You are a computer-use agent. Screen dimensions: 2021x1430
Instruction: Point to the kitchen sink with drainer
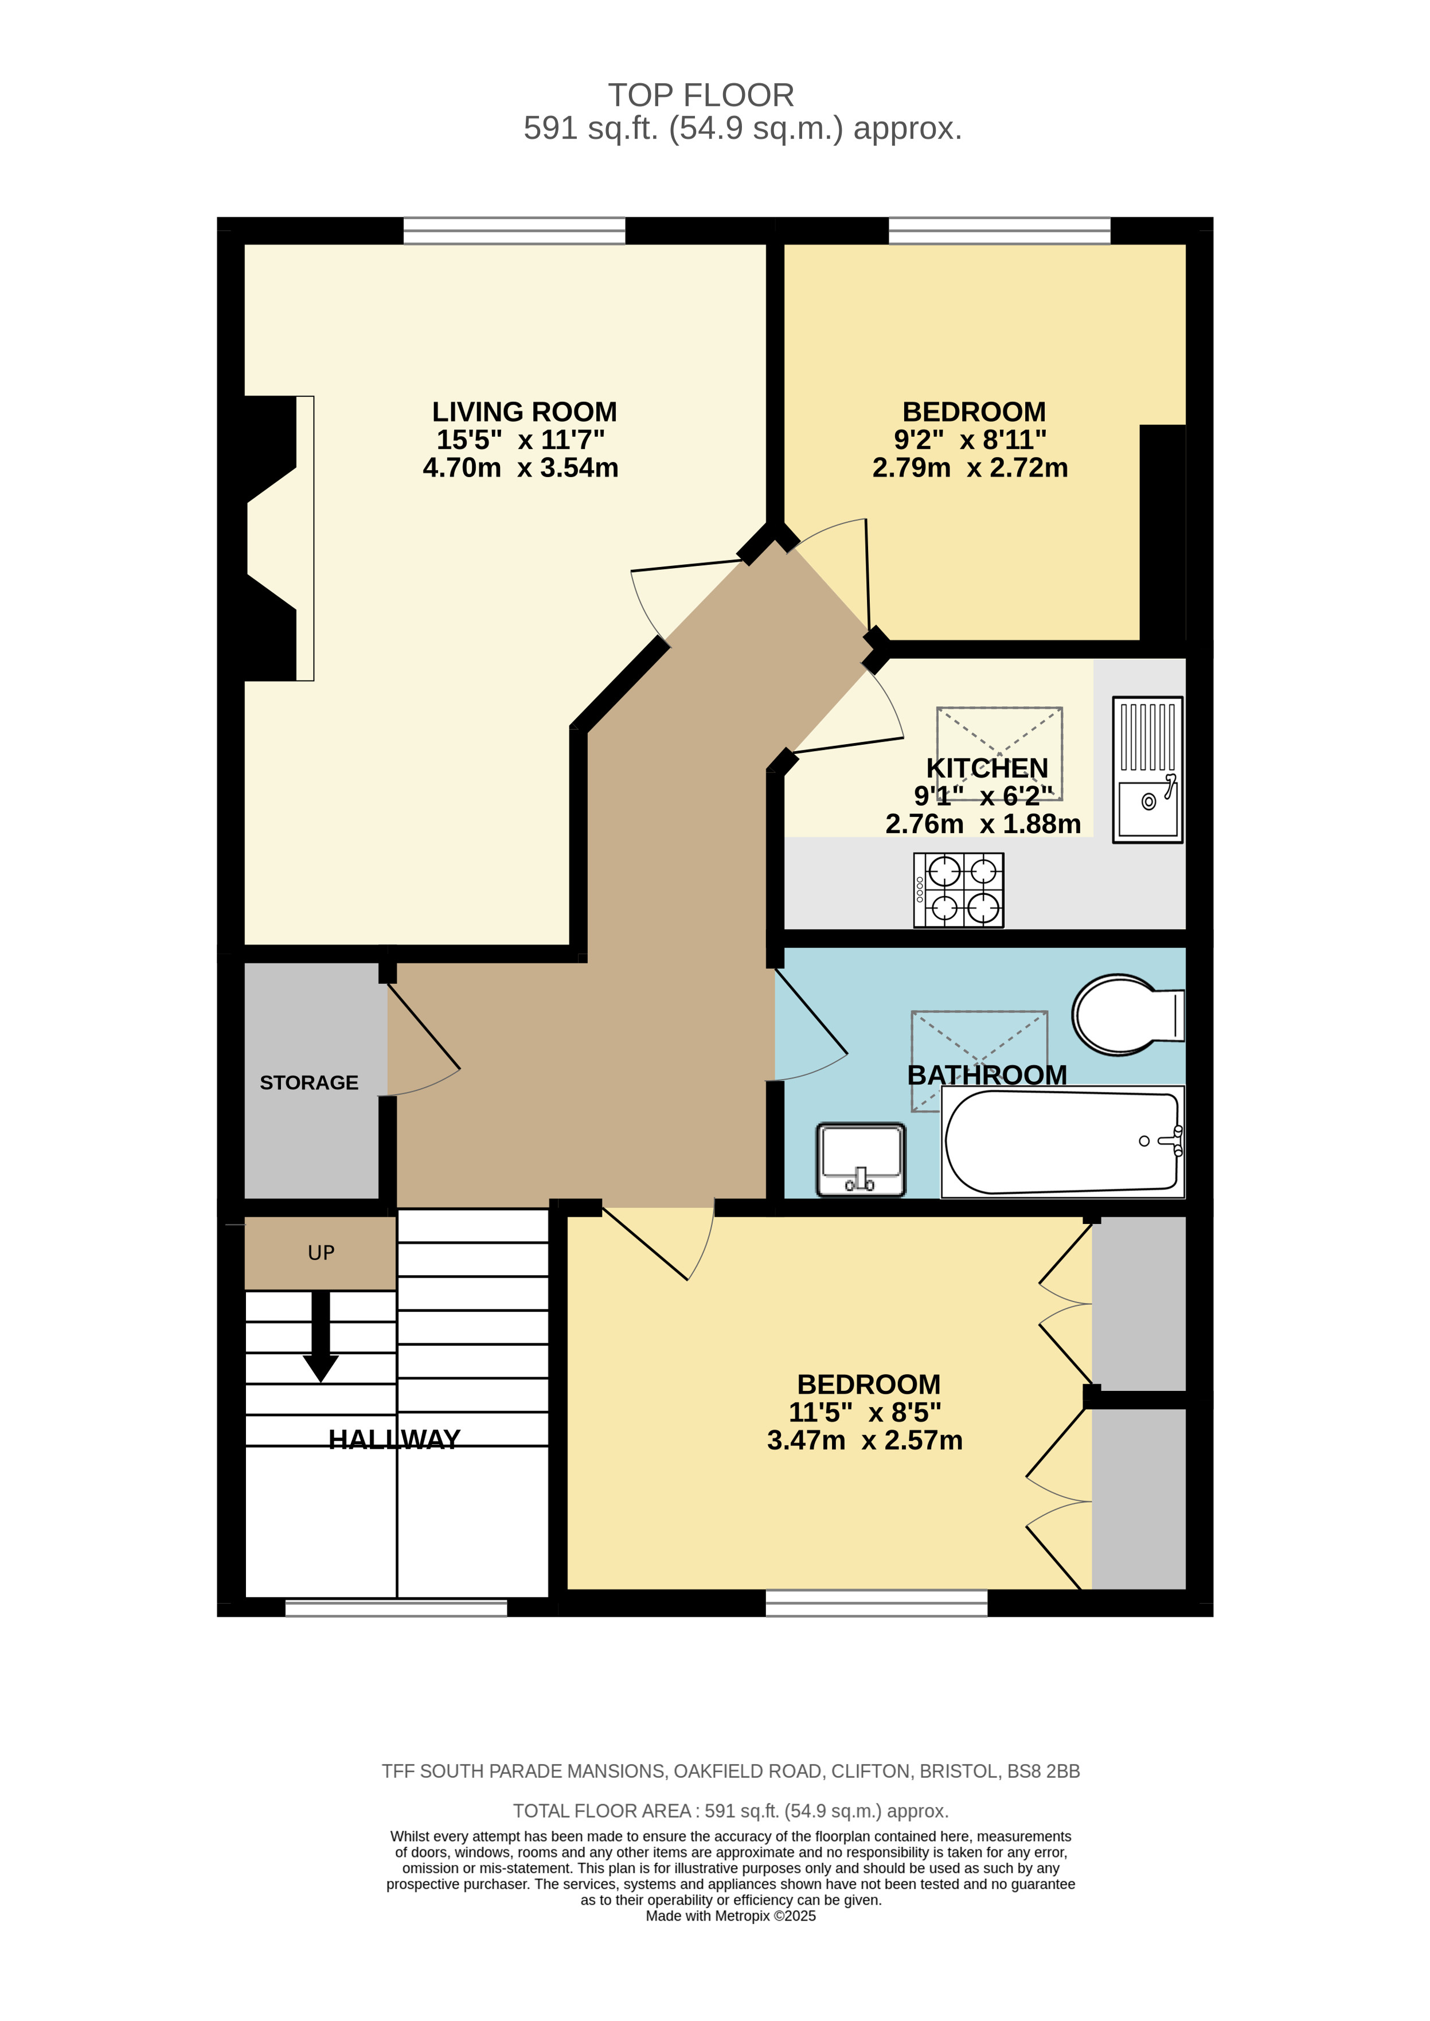[x=1147, y=769]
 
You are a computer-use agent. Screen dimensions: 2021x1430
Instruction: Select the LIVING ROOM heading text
[x=524, y=412]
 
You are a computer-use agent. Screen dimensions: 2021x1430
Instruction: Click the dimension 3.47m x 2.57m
[x=864, y=1440]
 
